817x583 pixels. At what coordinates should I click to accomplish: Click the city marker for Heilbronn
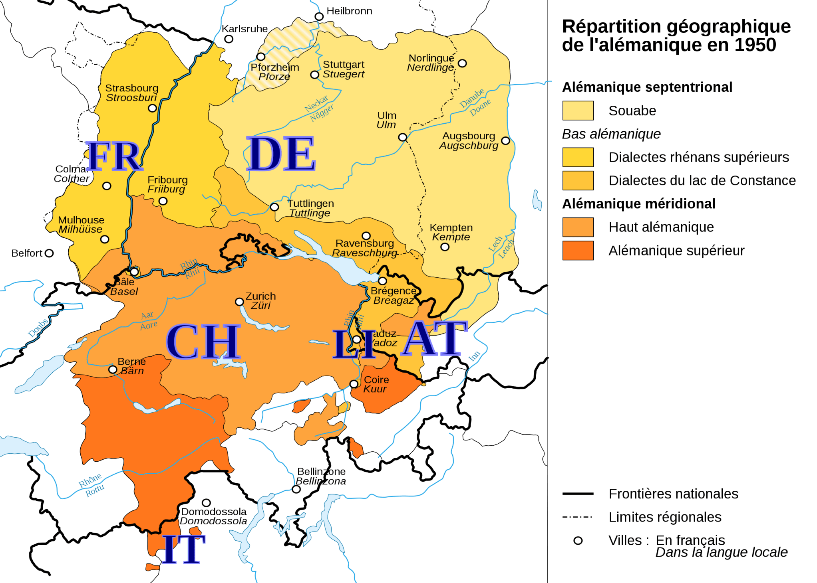(319, 16)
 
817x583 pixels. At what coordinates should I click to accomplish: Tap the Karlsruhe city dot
(229, 39)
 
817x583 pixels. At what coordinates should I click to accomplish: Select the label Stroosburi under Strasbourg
(131, 98)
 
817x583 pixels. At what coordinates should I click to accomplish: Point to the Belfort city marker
(49, 253)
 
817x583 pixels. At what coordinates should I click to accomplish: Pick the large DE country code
(281, 154)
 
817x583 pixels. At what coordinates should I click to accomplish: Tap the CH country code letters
(203, 342)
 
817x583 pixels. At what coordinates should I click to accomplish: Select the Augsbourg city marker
(505, 140)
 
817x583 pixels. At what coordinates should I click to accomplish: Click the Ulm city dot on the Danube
(403, 137)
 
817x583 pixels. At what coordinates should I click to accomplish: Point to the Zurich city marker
(239, 302)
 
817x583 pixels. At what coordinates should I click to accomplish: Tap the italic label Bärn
(132, 371)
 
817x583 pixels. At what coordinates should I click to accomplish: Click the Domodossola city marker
(206, 503)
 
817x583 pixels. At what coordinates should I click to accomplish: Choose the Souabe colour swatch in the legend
(578, 111)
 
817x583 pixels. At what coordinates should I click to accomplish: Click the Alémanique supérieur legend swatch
(578, 251)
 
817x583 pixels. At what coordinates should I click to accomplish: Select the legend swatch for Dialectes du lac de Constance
(578, 180)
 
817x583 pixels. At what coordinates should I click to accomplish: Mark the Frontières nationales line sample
(578, 494)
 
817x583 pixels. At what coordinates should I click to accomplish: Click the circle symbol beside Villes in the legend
(578, 541)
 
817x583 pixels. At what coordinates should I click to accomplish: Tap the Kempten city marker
(445, 247)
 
